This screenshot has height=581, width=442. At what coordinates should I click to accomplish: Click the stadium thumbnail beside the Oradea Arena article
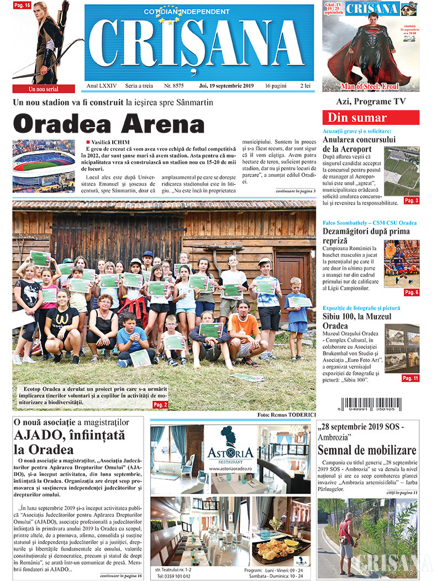point(44,165)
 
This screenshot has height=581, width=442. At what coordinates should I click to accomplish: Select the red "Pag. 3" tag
point(411,201)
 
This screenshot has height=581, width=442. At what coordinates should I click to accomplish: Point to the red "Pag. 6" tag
point(411,292)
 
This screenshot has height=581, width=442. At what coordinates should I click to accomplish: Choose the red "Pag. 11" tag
point(410,378)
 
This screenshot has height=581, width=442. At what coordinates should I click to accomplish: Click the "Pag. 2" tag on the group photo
point(160,405)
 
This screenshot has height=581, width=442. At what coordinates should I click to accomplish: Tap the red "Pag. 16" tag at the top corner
point(22,6)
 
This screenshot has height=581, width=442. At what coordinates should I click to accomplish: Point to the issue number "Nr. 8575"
point(175,86)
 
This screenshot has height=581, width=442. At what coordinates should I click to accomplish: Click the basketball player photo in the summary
point(402,263)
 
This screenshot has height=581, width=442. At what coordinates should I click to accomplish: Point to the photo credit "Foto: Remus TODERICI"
point(286,414)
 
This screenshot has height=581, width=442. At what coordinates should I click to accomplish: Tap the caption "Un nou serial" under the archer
point(44,88)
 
